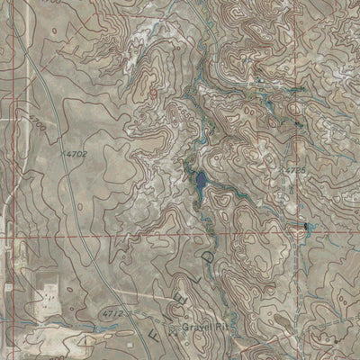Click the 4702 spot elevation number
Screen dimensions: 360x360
coord(76,154)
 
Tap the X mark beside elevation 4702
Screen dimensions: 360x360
coord(64,154)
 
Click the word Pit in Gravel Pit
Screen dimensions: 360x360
coord(218,327)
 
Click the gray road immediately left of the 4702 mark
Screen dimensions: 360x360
coord(54,154)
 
